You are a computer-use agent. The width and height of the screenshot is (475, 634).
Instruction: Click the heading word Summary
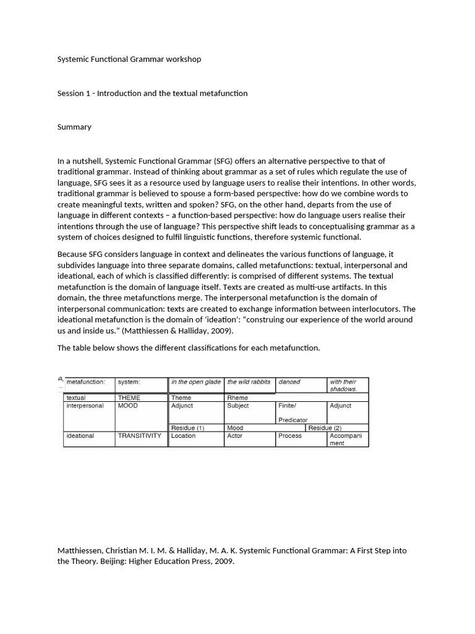[x=74, y=127]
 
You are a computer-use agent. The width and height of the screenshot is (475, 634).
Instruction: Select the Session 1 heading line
[x=152, y=93]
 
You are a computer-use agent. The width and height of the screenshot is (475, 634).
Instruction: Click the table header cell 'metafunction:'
[x=85, y=382]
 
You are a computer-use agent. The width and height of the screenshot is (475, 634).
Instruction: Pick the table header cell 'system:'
[x=129, y=382]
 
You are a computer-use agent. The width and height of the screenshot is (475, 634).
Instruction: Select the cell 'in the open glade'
[x=195, y=382]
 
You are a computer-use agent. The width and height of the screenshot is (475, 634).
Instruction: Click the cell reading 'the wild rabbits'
[x=249, y=382]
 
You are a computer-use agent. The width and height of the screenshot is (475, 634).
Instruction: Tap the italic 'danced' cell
[x=289, y=382]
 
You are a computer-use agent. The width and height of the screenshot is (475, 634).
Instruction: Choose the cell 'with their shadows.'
[x=344, y=385]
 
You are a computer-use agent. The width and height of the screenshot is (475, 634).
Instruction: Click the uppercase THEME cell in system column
[x=129, y=397]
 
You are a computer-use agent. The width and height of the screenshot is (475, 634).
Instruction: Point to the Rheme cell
[x=237, y=397]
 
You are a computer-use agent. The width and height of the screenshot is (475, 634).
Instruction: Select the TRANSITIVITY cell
[x=140, y=436]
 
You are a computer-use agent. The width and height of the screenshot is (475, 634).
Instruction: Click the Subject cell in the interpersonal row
[x=238, y=406]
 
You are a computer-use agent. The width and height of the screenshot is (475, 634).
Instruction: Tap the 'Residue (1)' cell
[x=187, y=428]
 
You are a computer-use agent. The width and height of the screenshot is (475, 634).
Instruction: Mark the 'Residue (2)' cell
[x=325, y=428]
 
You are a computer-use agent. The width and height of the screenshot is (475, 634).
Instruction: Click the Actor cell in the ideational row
[x=236, y=436]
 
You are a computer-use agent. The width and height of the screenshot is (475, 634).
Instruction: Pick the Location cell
[x=183, y=436]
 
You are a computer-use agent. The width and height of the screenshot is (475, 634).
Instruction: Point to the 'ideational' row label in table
[x=80, y=436]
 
